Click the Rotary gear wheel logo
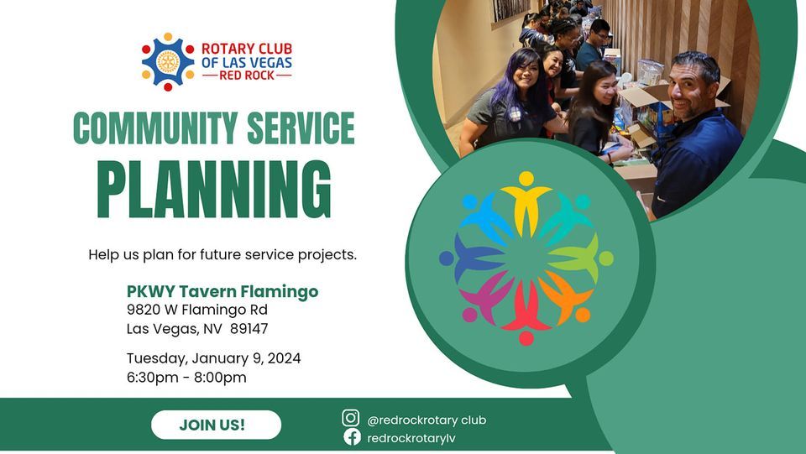tap(168, 62)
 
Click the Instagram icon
tap(351, 418)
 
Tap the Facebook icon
tap(351, 437)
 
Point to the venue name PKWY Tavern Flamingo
tap(222, 292)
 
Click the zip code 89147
tap(249, 328)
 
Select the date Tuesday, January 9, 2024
tap(213, 358)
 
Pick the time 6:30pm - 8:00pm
tap(186, 378)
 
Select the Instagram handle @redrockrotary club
tap(427, 420)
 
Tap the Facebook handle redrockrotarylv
tap(411, 438)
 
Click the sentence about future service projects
tap(222, 254)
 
